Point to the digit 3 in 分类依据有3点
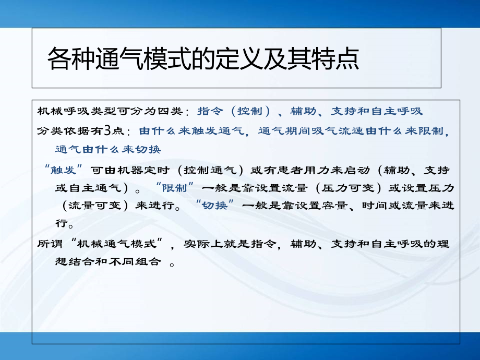106,130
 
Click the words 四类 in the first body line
170,111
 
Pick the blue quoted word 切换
214,205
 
